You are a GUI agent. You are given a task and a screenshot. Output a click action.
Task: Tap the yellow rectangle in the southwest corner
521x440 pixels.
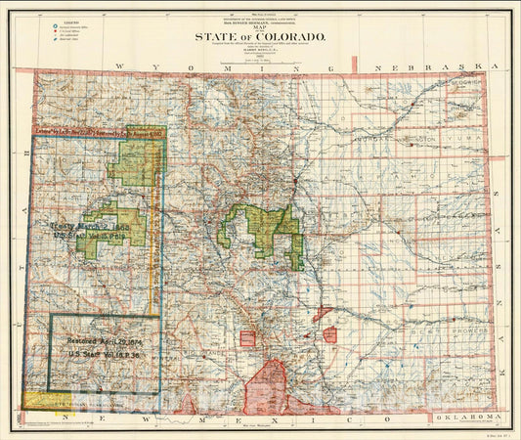point(44,400)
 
